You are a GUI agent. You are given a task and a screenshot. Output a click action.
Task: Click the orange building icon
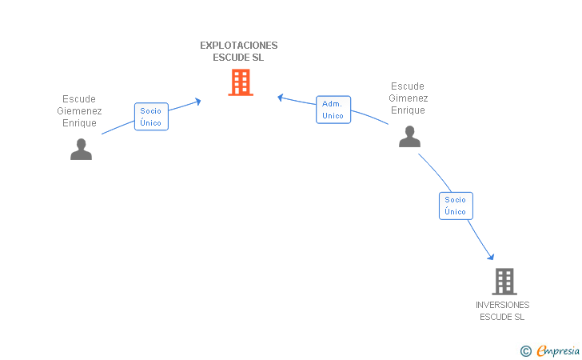point(241,82)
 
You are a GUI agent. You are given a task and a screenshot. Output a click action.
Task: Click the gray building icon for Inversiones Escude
point(504,281)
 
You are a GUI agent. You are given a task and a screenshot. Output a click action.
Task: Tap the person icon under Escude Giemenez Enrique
point(81,150)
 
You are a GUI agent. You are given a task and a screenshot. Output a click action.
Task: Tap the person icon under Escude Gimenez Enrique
point(409,137)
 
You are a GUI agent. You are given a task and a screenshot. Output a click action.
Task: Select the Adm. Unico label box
point(333,110)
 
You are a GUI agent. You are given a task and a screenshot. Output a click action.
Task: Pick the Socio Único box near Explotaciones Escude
point(151,117)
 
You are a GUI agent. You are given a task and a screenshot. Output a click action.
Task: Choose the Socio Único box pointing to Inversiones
point(456,206)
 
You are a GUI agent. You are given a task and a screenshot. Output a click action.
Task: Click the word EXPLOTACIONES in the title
point(239,46)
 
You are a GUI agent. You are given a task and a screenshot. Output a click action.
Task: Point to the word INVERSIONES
point(502,305)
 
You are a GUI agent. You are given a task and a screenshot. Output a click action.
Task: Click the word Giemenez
point(79,111)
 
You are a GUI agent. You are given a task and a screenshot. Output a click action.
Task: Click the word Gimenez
point(408,98)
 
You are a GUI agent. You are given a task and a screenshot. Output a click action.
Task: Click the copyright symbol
point(525,350)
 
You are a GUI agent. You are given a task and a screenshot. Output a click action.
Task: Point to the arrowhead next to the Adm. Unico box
point(281,98)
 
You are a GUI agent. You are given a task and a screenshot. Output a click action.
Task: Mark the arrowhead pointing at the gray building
point(491,256)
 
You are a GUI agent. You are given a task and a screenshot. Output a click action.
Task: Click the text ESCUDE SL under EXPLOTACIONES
point(238,58)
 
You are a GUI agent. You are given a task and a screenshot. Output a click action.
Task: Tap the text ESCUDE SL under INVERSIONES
point(502,317)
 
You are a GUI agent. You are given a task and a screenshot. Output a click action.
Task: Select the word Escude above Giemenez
point(79,99)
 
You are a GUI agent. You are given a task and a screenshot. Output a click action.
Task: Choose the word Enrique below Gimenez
point(408,110)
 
